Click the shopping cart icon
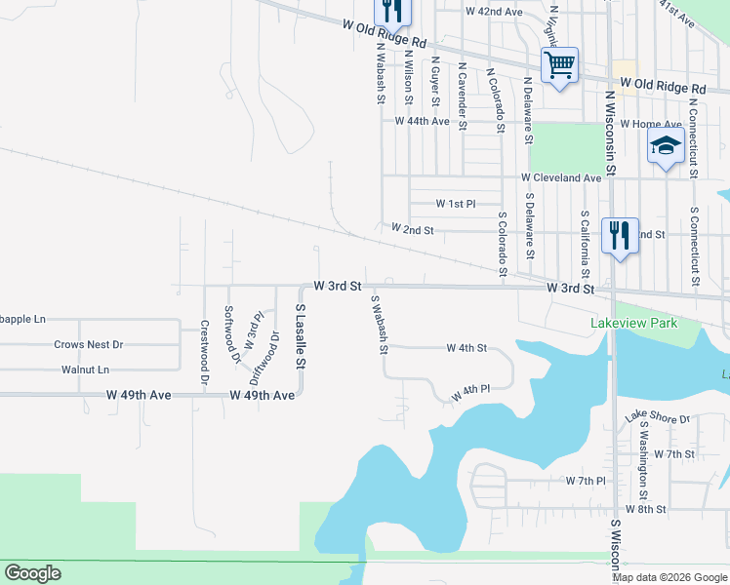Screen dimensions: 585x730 (559, 65)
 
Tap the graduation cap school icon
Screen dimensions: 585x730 (665, 147)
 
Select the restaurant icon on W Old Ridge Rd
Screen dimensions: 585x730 (392, 12)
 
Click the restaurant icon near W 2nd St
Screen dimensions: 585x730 (620, 236)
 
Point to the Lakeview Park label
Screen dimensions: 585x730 (632, 323)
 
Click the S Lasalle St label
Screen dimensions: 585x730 (301, 335)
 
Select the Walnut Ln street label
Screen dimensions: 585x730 (85, 370)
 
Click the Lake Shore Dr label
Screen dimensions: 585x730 (658, 417)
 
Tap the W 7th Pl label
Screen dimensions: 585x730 (586, 482)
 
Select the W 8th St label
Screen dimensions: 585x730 (645, 509)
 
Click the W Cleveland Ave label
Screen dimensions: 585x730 (561, 178)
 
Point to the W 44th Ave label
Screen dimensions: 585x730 (422, 122)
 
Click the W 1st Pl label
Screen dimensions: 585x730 (455, 204)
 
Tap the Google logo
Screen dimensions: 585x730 (32, 573)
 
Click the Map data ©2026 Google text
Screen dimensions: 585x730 (669, 577)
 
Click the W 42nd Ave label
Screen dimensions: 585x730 (494, 12)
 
